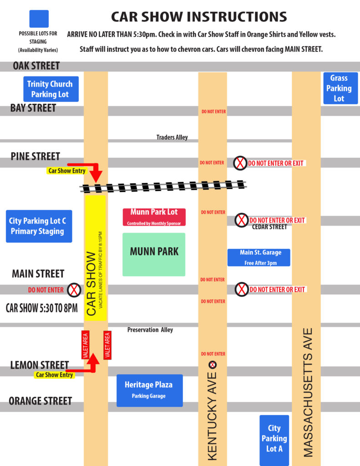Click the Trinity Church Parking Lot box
[51, 89]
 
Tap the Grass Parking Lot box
[339, 88]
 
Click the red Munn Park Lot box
[154, 217]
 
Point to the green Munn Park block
[154, 254]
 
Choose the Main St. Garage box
[259, 257]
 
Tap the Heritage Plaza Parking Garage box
[149, 390]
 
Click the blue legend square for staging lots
[39, 19]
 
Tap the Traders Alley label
[172, 137]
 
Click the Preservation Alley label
[150, 329]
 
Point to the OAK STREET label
[36, 66]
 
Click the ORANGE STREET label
[41, 401]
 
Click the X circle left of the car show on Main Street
[74, 289]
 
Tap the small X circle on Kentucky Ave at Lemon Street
[212, 365]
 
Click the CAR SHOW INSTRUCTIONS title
[199, 17]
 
